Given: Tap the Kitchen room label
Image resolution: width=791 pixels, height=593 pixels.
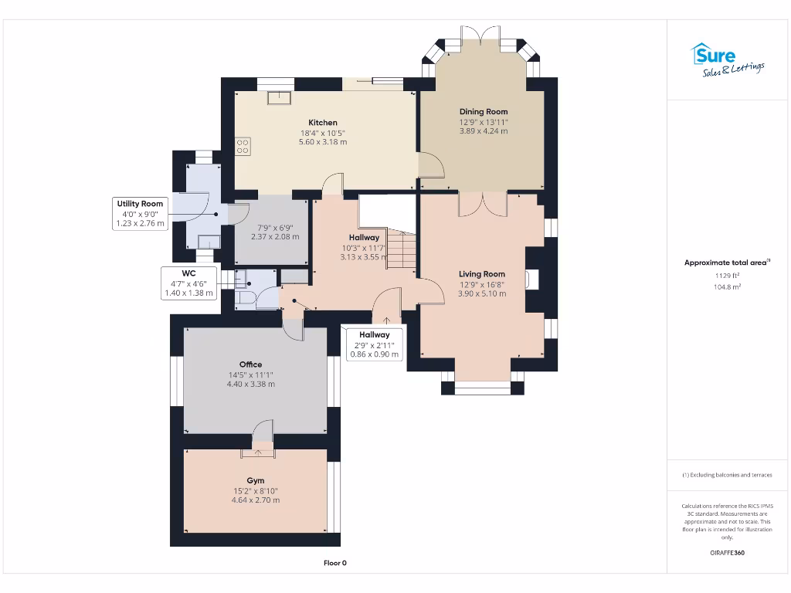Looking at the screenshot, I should click(323, 123).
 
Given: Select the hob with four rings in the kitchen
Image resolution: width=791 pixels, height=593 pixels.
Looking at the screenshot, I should click(243, 146).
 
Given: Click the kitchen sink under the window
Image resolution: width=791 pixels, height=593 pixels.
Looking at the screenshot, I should click(278, 97).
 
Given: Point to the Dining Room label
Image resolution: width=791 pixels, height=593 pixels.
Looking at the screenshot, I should click(484, 112).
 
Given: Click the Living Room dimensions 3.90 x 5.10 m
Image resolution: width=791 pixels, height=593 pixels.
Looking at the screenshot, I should click(482, 293).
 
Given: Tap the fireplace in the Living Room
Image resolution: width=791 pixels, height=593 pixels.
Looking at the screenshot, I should click(532, 279).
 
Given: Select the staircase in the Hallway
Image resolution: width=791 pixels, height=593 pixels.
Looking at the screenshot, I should click(400, 249).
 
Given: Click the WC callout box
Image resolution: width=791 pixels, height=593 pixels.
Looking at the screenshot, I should click(188, 283).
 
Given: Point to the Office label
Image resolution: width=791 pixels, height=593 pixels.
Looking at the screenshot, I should click(250, 364).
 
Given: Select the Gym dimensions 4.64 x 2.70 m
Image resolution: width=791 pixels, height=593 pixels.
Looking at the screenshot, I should click(255, 500).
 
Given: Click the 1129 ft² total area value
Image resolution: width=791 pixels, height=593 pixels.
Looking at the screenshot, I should click(726, 275).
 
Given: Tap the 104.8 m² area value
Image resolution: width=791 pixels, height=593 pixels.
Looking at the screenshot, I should click(726, 286).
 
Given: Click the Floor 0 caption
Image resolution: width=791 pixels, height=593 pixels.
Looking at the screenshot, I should click(334, 563).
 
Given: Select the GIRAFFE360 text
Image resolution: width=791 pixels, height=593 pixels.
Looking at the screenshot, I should click(726, 553).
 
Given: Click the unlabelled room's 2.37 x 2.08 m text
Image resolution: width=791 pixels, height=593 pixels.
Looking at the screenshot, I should click(272, 236).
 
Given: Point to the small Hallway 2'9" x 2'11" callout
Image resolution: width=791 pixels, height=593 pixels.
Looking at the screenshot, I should click(374, 344).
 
